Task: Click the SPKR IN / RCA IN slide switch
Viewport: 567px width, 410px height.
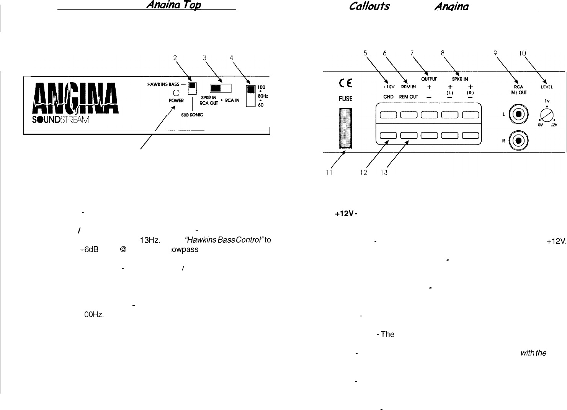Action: point(221,89)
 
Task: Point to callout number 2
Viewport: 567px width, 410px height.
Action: point(175,58)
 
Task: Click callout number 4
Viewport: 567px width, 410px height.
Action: point(231,58)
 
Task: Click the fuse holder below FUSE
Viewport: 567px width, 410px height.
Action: point(346,129)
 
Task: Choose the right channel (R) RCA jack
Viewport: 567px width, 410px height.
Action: point(519,140)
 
